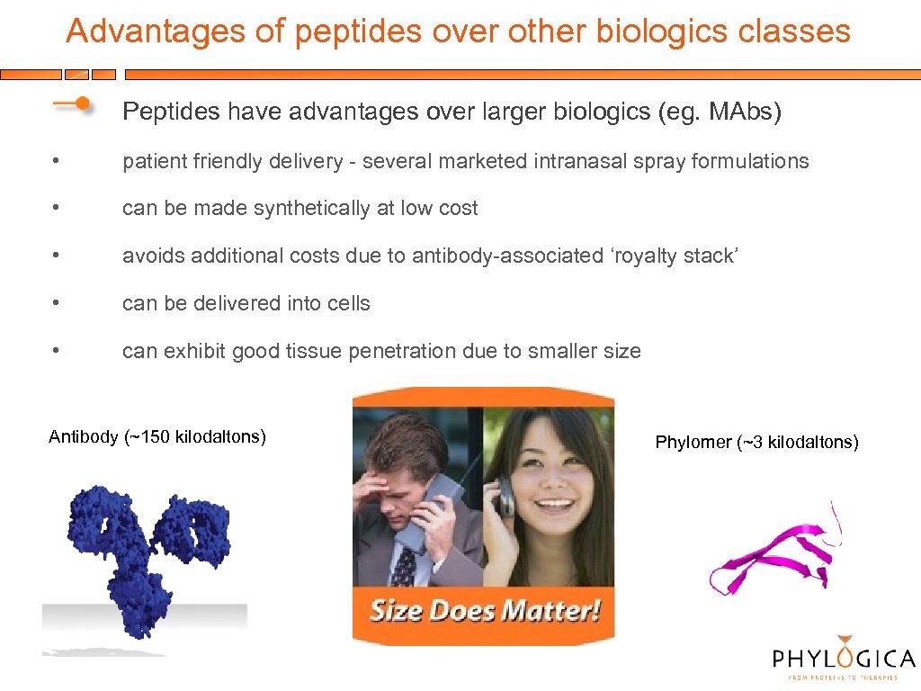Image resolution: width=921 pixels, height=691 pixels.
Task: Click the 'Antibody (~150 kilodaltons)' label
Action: click(157, 437)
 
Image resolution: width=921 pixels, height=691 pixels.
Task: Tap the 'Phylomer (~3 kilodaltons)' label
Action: click(756, 442)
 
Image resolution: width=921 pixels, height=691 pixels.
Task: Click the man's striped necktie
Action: click(404, 567)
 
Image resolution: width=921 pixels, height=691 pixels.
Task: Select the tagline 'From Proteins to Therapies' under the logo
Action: click(843, 678)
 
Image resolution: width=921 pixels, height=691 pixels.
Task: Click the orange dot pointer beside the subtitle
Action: click(82, 104)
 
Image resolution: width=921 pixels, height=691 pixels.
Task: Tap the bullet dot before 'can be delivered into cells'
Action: click(56, 304)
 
